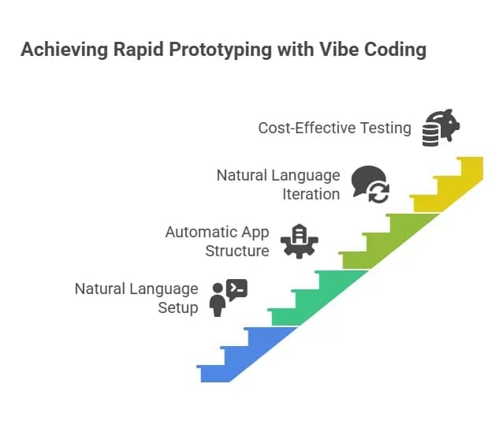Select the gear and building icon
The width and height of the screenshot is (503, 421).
pyautogui.click(x=299, y=240)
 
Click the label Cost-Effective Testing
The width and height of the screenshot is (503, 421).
pyautogui.click(x=334, y=127)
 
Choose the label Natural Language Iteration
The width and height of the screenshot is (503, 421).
pyautogui.click(x=278, y=184)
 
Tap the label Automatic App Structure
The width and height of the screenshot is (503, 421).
pyautogui.click(x=217, y=241)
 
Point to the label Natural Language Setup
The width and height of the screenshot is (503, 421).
pyautogui.click(x=136, y=298)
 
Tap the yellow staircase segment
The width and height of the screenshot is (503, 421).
pyautogui.click(x=453, y=185)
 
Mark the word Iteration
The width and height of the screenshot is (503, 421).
pyautogui.click(x=311, y=193)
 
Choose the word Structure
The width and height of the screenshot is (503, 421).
pyautogui.click(x=237, y=251)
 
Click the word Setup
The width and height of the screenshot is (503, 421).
pyautogui.click(x=178, y=307)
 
